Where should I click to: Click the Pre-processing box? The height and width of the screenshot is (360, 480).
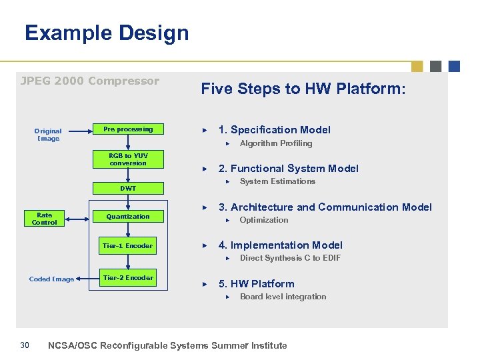(127, 129)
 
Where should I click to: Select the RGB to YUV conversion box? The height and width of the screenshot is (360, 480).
(128, 159)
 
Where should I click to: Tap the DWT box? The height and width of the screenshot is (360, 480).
(128, 189)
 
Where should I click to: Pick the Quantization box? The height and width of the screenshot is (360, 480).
(128, 217)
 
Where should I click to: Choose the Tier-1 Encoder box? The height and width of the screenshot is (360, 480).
(127, 246)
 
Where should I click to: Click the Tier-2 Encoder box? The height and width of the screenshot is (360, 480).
(127, 278)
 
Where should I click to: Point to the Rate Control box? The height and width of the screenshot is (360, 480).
(45, 219)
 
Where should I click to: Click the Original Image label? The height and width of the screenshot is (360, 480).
(48, 135)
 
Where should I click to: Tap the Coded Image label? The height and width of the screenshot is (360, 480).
(51, 279)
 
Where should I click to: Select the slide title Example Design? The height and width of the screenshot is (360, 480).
(107, 33)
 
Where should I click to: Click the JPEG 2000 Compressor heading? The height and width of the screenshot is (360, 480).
(90, 81)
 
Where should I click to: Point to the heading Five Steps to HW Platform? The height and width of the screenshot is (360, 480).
(303, 89)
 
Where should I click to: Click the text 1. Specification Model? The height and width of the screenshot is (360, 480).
(274, 130)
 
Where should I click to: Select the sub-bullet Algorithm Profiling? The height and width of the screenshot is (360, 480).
(275, 143)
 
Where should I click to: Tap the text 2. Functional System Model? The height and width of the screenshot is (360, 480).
(288, 169)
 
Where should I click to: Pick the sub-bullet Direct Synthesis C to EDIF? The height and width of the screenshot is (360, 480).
(290, 258)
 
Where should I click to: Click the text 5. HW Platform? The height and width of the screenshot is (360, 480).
(256, 284)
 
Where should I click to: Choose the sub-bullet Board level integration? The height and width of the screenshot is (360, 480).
(283, 297)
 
